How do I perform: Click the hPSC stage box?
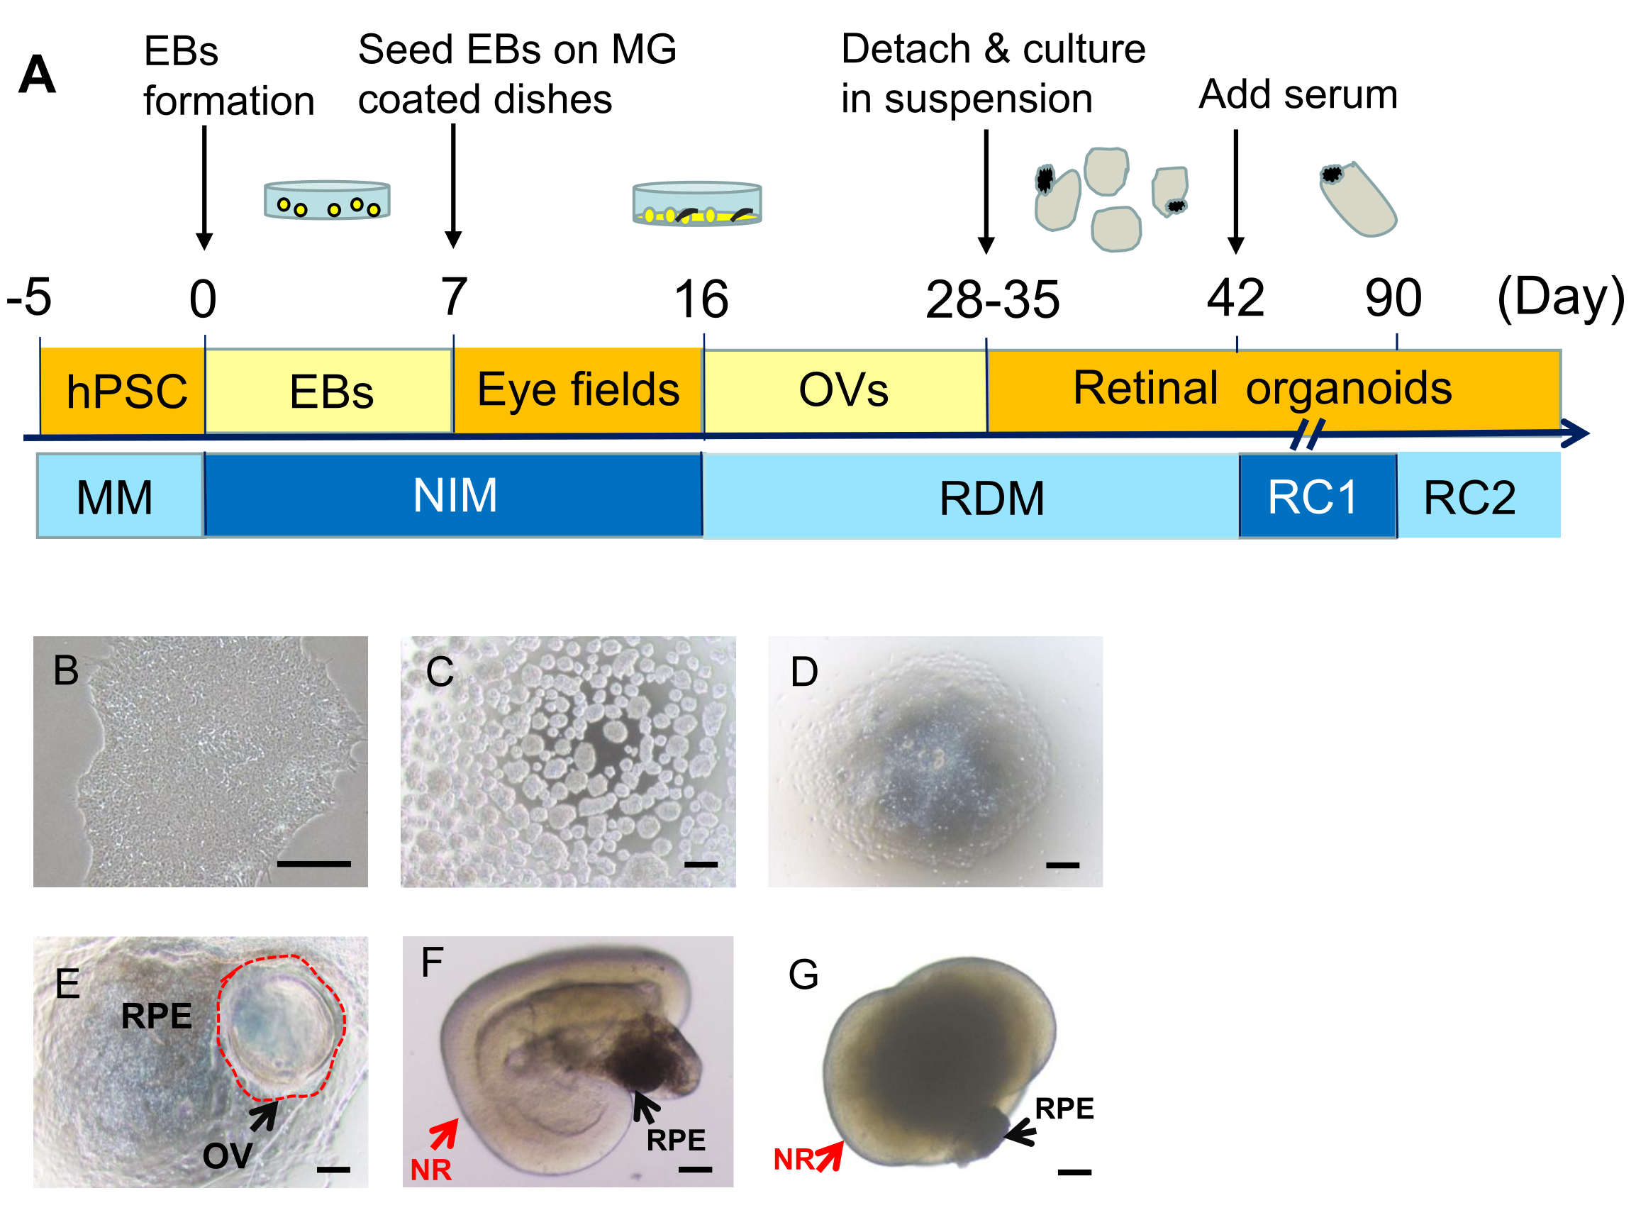tap(123, 391)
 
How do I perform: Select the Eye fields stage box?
tap(578, 390)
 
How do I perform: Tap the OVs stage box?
tap(844, 391)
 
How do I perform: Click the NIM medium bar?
tap(454, 495)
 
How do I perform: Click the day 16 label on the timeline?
tap(701, 299)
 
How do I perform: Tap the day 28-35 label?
tap(992, 299)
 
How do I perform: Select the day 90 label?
tap(1393, 298)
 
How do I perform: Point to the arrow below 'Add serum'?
tap(1235, 192)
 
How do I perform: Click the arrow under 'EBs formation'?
tap(204, 187)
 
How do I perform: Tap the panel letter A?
tap(37, 75)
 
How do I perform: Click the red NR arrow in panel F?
tap(444, 1133)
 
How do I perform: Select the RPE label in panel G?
tap(1063, 1108)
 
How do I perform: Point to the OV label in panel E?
tap(227, 1155)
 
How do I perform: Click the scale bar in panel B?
tap(313, 862)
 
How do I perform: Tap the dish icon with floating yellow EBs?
tap(327, 200)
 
